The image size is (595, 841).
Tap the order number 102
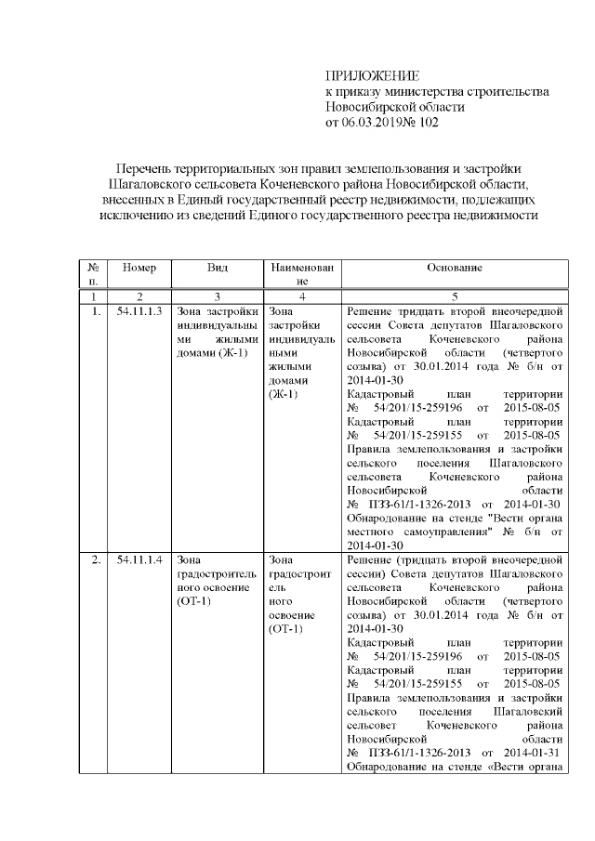pos(427,122)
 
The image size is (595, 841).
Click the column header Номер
pos(139,268)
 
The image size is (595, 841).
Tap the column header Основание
pos(454,268)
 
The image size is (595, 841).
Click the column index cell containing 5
pos(454,296)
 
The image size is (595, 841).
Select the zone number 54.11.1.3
pos(139,310)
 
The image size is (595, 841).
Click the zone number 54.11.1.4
pos(139,560)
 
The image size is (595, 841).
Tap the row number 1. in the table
pos(95,310)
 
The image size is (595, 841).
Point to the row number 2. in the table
pos(95,560)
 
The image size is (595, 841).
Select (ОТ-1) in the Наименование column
pos(284,629)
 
